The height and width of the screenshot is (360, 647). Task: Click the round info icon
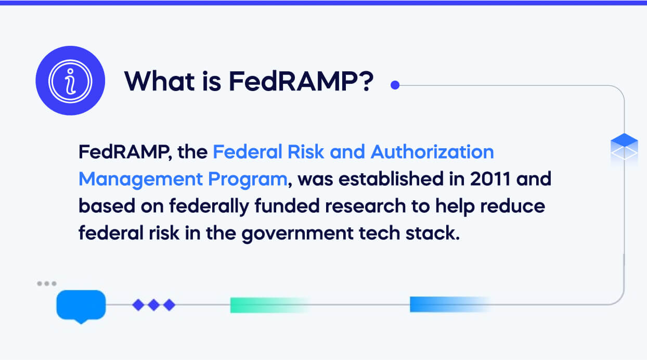[70, 81]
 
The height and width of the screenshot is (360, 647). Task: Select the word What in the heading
[160, 81]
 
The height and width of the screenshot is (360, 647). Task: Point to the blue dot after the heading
[395, 85]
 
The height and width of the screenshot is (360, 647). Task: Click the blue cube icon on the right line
[624, 147]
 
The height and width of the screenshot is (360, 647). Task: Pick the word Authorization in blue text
[432, 152]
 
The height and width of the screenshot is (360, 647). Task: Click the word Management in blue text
[140, 179]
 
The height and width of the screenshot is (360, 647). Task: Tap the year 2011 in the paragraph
[490, 179]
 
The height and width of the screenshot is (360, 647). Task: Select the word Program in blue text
[248, 179]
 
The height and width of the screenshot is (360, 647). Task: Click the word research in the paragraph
[366, 207]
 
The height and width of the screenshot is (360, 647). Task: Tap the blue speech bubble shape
[81, 306]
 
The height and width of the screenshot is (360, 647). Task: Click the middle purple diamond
[153, 305]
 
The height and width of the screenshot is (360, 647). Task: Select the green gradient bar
[270, 305]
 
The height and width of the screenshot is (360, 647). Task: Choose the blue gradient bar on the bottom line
[450, 304]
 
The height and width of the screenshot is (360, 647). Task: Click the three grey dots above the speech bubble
[47, 284]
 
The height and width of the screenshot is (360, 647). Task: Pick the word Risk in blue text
[306, 152]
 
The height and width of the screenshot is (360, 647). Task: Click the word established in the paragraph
[391, 179]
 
